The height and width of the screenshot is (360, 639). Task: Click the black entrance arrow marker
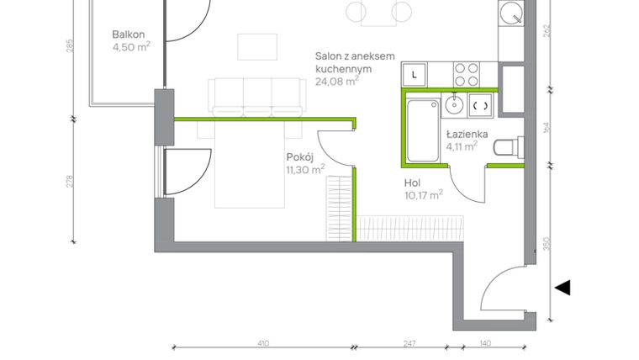(562, 288)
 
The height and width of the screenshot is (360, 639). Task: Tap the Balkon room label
(129, 35)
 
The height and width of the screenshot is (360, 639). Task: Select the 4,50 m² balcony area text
(130, 48)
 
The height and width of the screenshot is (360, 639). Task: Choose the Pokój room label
(300, 156)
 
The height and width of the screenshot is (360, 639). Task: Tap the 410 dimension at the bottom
(262, 343)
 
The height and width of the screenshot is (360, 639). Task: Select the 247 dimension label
(409, 343)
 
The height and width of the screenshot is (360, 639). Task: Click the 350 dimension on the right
(547, 245)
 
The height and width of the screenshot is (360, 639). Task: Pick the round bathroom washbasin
(454, 105)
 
